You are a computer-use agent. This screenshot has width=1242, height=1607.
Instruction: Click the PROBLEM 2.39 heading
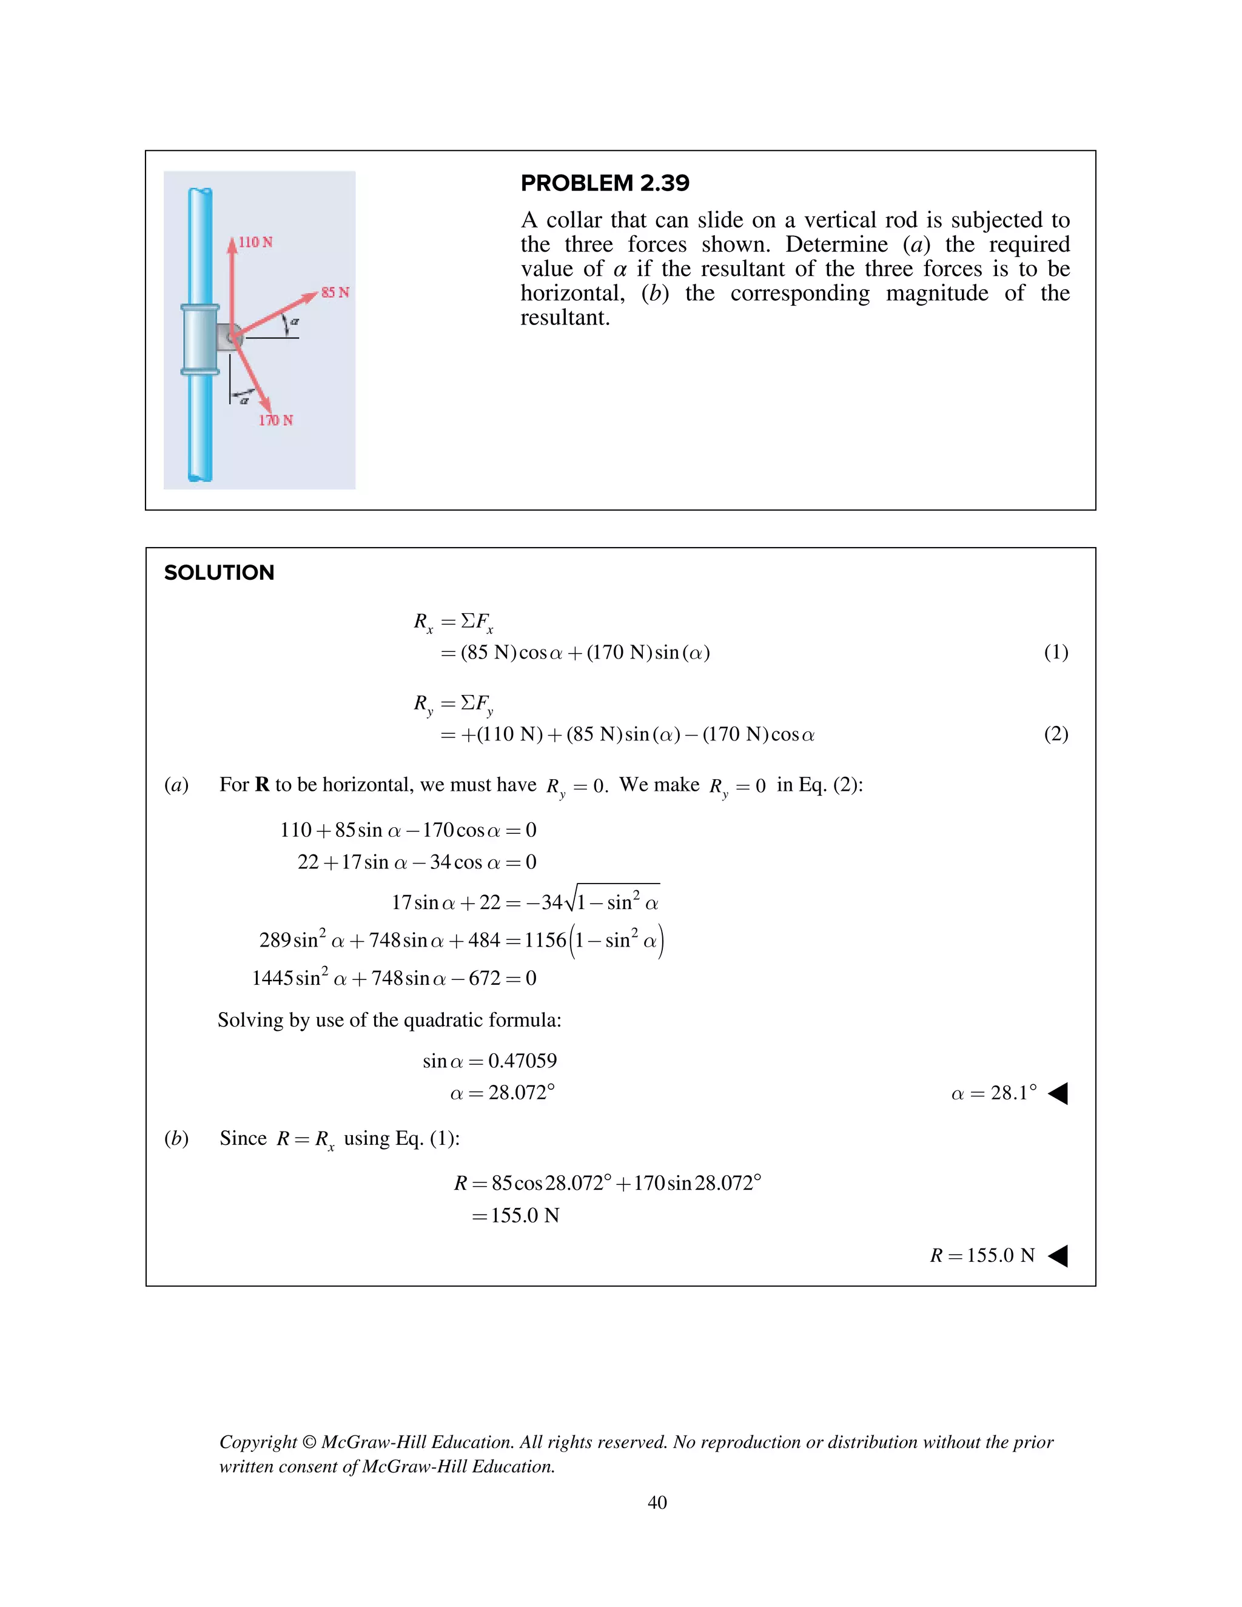point(604,183)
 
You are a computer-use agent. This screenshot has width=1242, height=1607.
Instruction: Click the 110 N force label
point(255,242)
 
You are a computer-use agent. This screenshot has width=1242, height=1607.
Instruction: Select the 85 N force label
point(335,292)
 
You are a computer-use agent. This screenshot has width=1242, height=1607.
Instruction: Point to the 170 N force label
point(275,420)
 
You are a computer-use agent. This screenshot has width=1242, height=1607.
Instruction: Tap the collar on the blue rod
point(200,339)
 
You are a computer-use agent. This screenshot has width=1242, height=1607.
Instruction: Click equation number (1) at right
point(1056,652)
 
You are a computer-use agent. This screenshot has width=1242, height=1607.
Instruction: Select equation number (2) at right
point(1056,734)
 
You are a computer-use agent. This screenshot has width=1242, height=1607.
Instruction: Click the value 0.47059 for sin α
point(522,1060)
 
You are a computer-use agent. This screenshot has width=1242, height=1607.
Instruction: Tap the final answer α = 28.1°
point(993,1093)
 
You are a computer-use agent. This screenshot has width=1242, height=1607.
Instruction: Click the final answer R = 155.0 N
point(982,1255)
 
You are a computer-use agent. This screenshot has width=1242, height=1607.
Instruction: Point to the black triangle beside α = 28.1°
point(1058,1093)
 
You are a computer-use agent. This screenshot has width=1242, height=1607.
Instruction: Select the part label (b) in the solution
point(176,1138)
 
